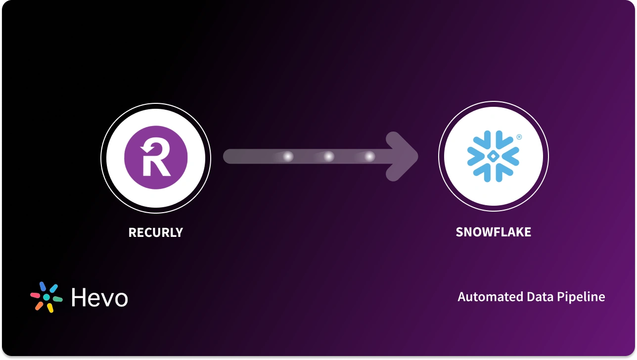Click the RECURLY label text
tap(155, 232)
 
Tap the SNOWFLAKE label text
tap(493, 232)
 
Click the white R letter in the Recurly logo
tap(154, 158)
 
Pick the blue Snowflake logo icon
tap(493, 155)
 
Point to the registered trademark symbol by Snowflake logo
tap(519, 137)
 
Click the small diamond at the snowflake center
tap(493, 156)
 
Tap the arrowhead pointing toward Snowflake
tap(403, 156)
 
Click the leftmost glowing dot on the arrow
tap(287, 157)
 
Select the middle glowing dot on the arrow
tap(328, 157)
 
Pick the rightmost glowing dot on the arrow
tap(369, 157)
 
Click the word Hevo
tap(99, 298)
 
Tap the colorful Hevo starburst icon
tap(46, 297)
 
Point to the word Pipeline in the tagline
tap(581, 297)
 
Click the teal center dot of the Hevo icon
tap(46, 298)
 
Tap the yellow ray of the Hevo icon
tap(50, 308)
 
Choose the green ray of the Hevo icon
tap(57, 299)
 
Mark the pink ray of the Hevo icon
tap(35, 295)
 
